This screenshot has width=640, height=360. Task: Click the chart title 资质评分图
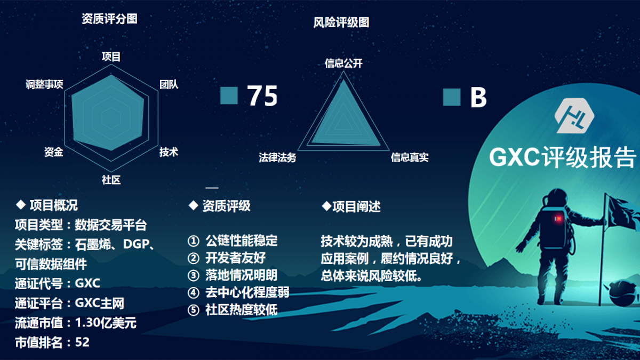coord(110,19)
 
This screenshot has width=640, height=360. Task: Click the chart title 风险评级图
coord(341,22)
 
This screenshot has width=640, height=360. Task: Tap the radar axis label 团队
coord(169,84)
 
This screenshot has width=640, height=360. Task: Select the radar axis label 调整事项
coord(45,84)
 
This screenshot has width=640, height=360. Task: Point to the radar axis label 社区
coord(111,180)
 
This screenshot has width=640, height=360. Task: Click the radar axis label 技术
coord(169,151)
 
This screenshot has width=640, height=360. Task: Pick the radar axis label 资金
coord(54,151)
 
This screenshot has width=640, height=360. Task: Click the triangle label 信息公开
coord(343,63)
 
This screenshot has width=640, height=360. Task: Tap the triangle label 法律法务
coord(277,157)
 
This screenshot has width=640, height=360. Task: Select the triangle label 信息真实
coord(410,157)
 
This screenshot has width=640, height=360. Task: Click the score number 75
coord(262,95)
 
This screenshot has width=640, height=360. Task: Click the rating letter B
coord(478,98)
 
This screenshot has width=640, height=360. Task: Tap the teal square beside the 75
coord(229,95)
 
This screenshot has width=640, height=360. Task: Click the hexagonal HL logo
coord(574,116)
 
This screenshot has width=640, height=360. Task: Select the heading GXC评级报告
coord(563,157)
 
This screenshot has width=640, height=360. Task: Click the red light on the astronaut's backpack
coord(558,219)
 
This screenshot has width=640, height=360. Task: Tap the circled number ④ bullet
coord(194,293)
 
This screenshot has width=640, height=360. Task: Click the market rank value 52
coord(82,342)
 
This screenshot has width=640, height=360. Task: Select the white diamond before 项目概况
coord(21,205)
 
